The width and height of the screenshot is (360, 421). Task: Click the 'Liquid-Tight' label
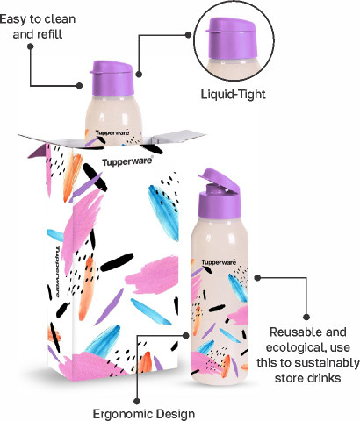(234, 95)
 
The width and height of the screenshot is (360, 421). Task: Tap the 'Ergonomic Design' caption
(144, 414)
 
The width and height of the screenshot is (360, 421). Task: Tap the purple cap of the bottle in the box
(112, 78)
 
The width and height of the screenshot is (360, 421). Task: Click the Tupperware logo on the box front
(127, 161)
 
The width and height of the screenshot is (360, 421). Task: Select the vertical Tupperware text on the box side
(58, 272)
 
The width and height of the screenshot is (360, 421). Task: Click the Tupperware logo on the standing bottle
(219, 262)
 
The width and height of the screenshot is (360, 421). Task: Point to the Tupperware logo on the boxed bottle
(112, 133)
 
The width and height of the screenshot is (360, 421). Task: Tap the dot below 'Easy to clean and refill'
(30, 46)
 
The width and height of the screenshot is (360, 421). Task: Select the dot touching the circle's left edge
(189, 35)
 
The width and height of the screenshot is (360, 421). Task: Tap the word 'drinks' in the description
(325, 378)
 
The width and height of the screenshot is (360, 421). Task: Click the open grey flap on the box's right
(179, 137)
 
